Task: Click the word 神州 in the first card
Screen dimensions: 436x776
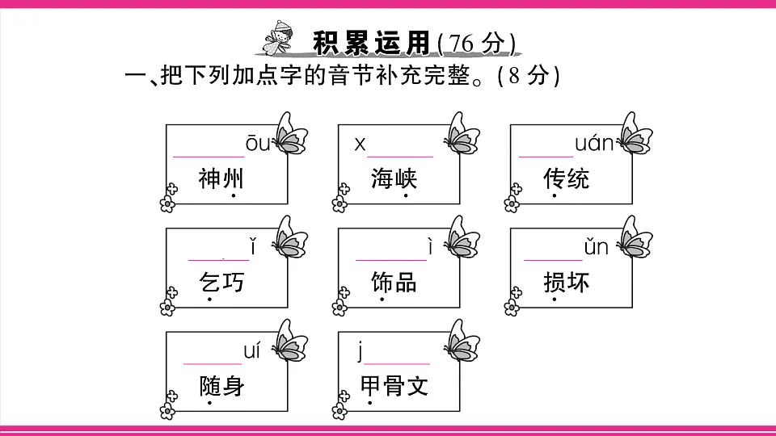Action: tap(221, 178)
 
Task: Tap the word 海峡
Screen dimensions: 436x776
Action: tap(394, 178)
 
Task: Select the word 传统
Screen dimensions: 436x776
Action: tap(567, 178)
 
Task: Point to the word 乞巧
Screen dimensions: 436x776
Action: tap(221, 282)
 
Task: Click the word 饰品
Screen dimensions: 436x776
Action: tap(394, 282)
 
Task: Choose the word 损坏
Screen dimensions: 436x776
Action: tap(567, 282)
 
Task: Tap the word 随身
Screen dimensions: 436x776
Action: tap(221, 386)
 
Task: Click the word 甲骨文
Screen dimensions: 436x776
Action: tap(394, 386)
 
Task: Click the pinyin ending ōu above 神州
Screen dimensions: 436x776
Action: tap(259, 144)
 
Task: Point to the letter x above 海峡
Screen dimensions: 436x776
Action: tap(360, 145)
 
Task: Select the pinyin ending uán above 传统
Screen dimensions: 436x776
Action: tap(594, 144)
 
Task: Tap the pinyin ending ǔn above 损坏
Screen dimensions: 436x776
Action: tap(596, 247)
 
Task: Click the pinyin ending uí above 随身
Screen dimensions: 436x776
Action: tap(252, 351)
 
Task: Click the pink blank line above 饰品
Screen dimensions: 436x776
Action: tap(390, 260)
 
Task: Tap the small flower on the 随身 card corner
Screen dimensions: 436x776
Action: tap(167, 410)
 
